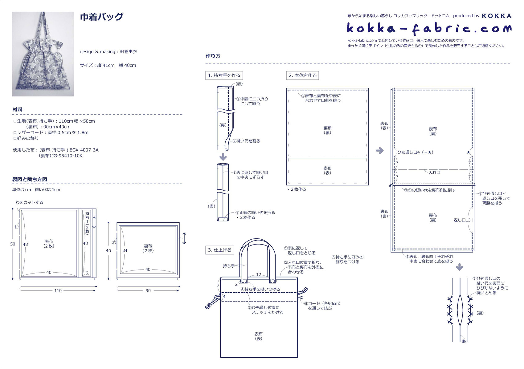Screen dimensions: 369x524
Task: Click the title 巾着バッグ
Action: point(101,17)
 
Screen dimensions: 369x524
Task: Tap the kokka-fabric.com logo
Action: point(429,29)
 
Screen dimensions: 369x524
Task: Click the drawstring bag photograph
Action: point(43,54)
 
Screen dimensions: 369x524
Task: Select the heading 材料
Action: point(18,109)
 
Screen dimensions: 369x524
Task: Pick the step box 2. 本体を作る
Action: point(303,75)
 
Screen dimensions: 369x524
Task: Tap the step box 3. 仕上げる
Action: point(220,250)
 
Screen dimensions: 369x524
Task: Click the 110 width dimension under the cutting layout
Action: point(58,290)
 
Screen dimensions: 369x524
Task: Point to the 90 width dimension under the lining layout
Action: point(148,290)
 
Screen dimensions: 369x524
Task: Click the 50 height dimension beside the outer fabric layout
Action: point(13,244)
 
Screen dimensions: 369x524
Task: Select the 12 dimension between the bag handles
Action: point(258,274)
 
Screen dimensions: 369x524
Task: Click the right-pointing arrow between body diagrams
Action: point(380,151)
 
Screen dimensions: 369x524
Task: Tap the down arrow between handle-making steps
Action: point(223,157)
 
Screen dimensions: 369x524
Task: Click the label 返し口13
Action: point(462,220)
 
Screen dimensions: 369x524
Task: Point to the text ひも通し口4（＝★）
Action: point(415,152)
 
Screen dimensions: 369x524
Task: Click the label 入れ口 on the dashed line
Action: point(434,172)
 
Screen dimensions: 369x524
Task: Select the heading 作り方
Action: point(213,56)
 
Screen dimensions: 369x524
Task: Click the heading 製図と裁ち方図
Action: point(30,179)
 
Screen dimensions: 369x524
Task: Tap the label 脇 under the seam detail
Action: point(464,341)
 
